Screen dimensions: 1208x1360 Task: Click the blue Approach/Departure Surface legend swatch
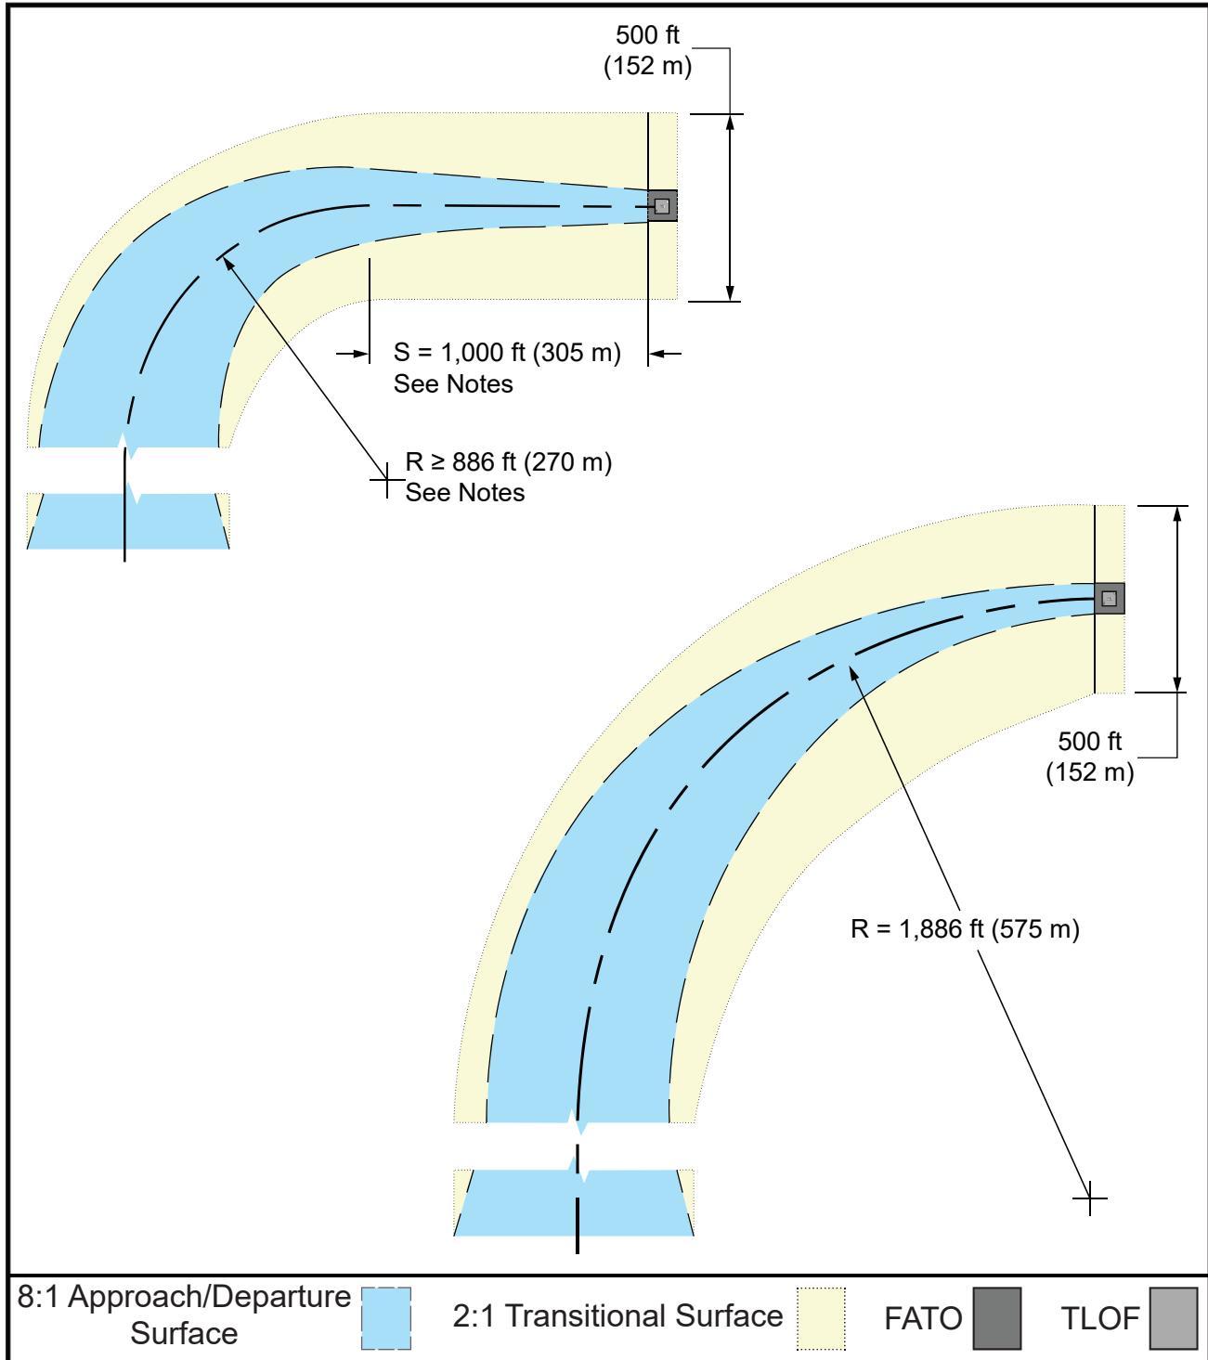pyautogui.click(x=386, y=1317)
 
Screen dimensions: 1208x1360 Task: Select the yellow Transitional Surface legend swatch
pyautogui.click(x=821, y=1317)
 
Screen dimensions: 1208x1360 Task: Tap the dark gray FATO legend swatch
pyautogui.click(x=997, y=1317)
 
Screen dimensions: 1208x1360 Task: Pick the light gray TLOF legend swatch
pyautogui.click(x=1174, y=1317)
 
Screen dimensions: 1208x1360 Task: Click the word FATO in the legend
pyautogui.click(x=923, y=1319)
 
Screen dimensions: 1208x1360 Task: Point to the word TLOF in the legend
pyautogui.click(x=1100, y=1319)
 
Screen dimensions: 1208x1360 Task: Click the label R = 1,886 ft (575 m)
pyautogui.click(x=965, y=929)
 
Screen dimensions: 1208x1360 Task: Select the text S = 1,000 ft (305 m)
pyautogui.click(x=507, y=353)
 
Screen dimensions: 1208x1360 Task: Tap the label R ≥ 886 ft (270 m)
pyautogui.click(x=508, y=461)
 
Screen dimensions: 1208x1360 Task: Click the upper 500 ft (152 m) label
pyautogui.click(x=647, y=50)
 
